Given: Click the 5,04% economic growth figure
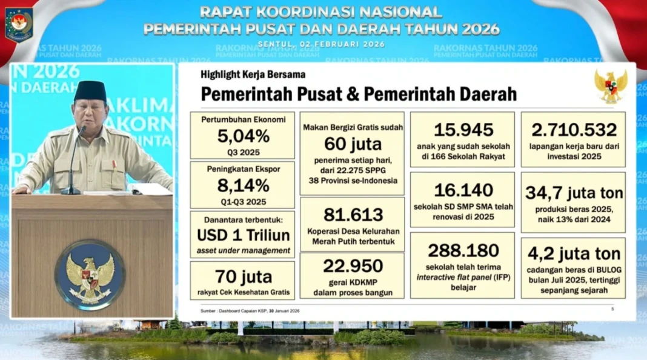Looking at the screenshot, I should pos(243,136).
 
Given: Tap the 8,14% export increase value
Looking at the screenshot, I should pos(243,185).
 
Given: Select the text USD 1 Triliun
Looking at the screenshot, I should pos(243,235).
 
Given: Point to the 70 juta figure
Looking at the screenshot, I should pos(243,278).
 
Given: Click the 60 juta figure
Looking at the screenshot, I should pos(353,144).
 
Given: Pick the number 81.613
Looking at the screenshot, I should pos(353,215).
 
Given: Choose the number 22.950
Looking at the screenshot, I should pos(353,266).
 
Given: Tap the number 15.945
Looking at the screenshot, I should pos(463,130).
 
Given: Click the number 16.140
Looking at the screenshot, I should pos(463,190).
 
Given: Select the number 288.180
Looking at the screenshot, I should pos(463,250).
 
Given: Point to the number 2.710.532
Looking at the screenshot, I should pos(574,130).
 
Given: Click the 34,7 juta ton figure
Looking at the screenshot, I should pos(574,193).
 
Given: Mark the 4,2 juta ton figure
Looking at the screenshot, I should pos(574,254).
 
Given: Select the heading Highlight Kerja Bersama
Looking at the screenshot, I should pos(253,75).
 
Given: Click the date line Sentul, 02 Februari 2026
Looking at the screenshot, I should pos(321,44).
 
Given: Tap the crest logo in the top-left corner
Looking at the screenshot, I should pos(19,23).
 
